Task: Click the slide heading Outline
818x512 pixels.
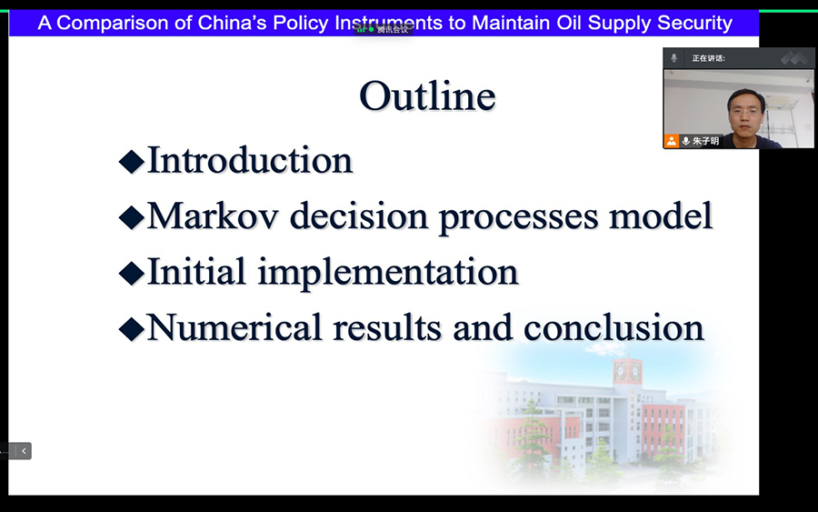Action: pos(427,96)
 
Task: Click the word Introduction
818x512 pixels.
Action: pos(250,160)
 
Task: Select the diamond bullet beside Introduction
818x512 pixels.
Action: pos(132,161)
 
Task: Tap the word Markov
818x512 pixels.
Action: pos(213,216)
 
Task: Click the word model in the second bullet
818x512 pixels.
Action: pos(661,216)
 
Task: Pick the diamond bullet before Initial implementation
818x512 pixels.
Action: pos(132,273)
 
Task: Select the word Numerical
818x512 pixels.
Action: pos(234,327)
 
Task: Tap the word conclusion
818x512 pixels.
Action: pos(613,327)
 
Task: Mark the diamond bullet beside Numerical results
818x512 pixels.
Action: pos(132,329)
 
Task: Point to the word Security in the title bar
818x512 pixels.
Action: pos(694,23)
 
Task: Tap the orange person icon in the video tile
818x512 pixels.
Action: pos(672,141)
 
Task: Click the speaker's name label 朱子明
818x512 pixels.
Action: pos(706,141)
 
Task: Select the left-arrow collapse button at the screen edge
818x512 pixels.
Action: pos(24,451)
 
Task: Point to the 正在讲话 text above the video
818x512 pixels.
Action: pos(708,58)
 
